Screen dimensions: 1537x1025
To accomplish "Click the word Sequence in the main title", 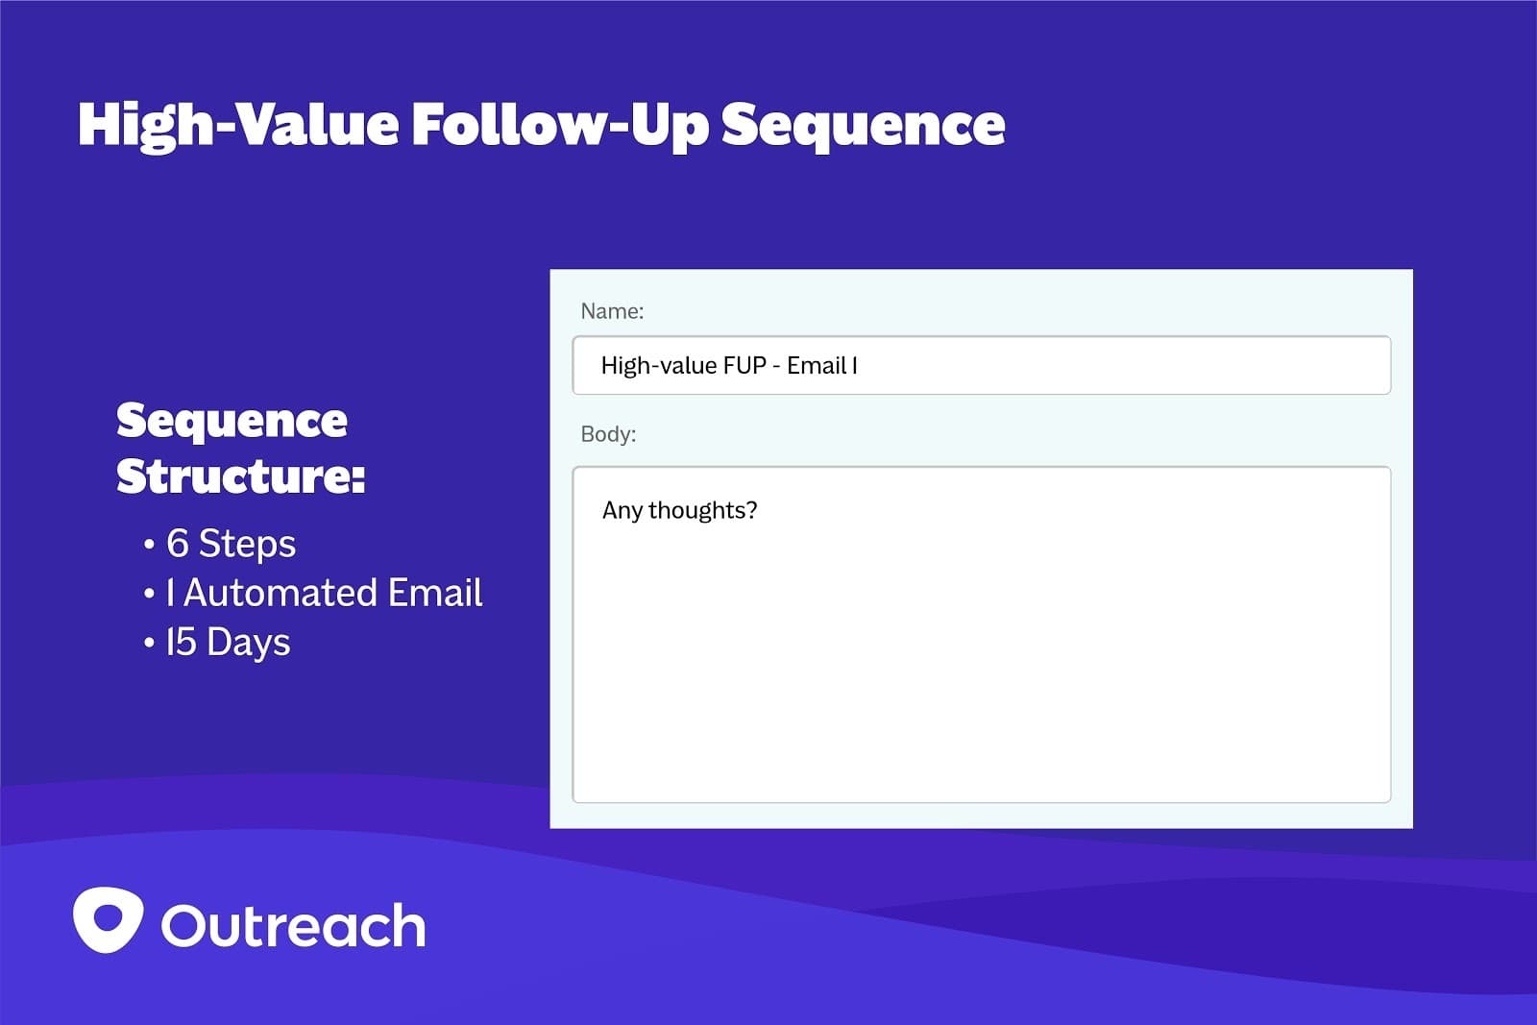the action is [x=864, y=126].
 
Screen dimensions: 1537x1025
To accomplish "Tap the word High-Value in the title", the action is [x=238, y=126].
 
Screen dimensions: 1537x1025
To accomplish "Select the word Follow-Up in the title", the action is [x=560, y=126].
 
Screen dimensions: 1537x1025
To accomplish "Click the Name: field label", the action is [x=612, y=311].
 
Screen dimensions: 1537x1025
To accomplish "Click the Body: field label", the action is [x=608, y=434].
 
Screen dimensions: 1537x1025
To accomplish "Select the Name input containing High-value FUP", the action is [x=981, y=366].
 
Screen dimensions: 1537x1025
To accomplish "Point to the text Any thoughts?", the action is [x=679, y=510].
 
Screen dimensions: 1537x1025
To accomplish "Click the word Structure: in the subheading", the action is [x=241, y=476].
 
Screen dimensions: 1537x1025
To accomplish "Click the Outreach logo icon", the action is [x=109, y=919].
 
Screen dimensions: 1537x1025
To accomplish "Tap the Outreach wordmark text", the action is [x=293, y=925].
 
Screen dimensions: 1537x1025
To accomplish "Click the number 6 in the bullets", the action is [x=177, y=544].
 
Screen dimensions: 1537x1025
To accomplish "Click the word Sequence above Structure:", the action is [x=232, y=422].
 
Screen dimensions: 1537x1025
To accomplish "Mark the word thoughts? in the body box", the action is [x=702, y=511].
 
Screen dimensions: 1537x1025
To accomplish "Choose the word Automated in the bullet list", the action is [x=281, y=593].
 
